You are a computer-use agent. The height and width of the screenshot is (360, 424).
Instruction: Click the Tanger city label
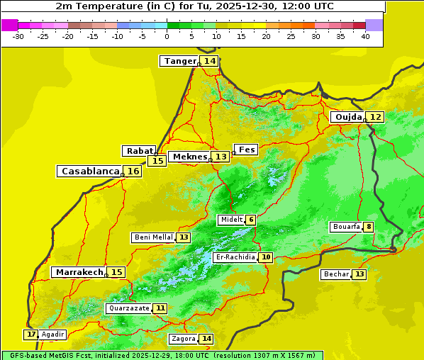tap(179, 61)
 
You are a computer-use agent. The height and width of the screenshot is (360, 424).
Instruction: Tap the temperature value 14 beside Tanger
tap(210, 61)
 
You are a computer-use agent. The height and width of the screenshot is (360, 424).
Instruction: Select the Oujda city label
tap(348, 117)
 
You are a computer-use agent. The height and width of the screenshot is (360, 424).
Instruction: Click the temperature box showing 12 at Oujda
tap(375, 117)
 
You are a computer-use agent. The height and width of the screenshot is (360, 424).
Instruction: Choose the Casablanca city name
tap(89, 171)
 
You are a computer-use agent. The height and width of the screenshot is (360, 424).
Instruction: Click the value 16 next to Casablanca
tap(133, 171)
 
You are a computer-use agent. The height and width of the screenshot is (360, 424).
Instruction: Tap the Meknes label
tap(190, 157)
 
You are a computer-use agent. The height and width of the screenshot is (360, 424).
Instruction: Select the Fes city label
tap(246, 150)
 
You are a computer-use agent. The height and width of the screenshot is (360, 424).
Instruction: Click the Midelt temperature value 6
tap(251, 220)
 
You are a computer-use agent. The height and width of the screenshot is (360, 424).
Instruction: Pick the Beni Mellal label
tap(153, 237)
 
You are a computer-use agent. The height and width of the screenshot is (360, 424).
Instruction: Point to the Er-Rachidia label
tap(235, 257)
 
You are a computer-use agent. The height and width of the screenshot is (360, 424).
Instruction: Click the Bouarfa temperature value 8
tap(369, 227)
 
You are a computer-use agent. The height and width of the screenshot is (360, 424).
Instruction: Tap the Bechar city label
tap(336, 274)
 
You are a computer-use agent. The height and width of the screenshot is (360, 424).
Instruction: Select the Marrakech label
tap(79, 272)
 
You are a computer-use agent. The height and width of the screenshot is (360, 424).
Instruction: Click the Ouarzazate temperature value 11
tap(161, 308)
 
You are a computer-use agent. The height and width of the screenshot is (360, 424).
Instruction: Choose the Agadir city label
tap(52, 334)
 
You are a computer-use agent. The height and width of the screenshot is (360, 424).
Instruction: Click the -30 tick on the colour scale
tap(18, 36)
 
